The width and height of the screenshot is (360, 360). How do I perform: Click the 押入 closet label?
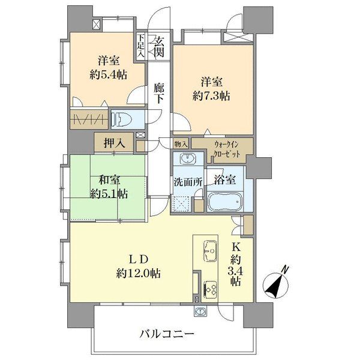point(114,143)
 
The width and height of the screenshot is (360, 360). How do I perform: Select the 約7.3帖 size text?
point(209,95)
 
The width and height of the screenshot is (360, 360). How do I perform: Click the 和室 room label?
point(108,179)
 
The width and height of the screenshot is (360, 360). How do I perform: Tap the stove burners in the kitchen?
point(211,289)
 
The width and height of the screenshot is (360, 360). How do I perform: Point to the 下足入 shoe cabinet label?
point(140,46)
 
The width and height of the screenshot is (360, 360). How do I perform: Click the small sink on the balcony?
point(200,311)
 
